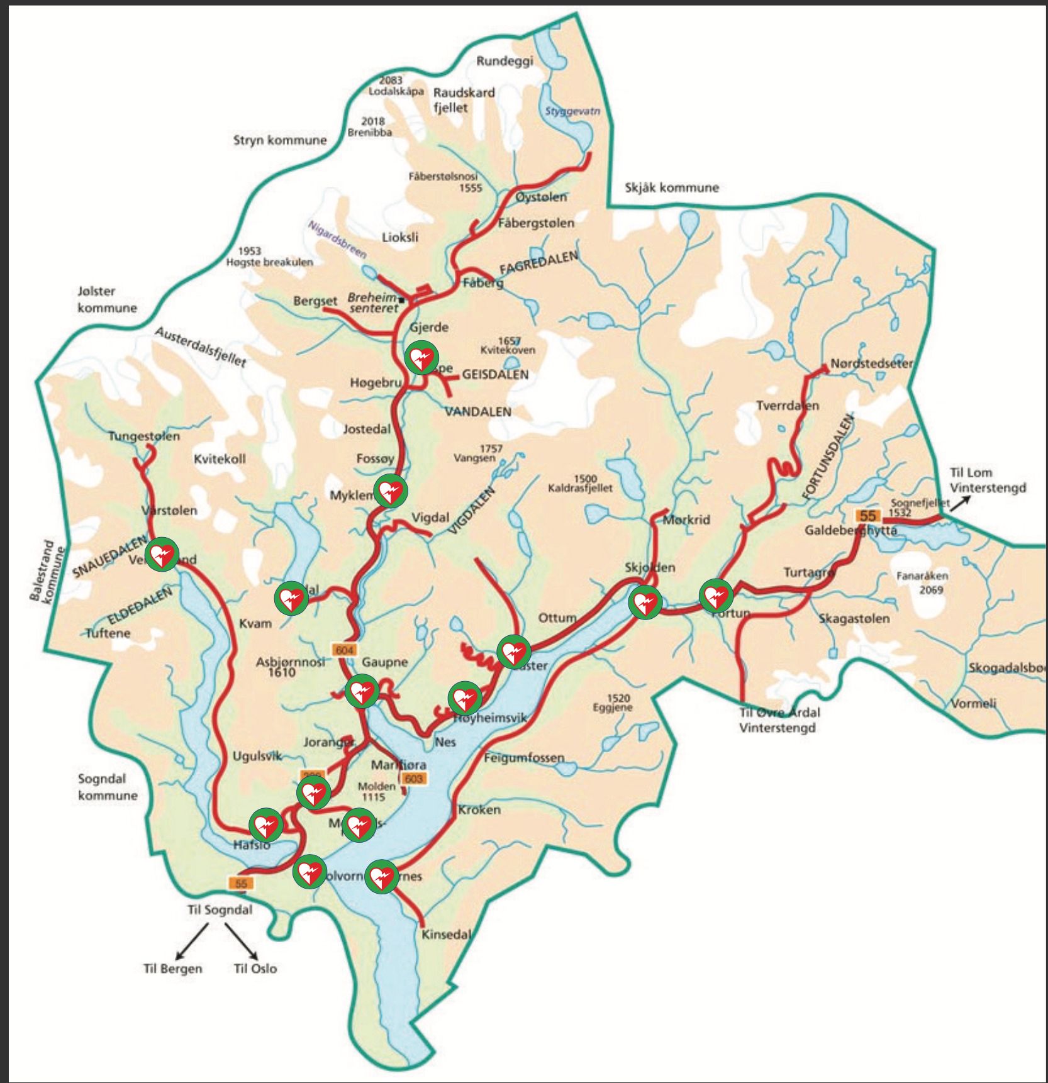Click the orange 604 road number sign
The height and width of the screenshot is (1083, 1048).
pos(344,650)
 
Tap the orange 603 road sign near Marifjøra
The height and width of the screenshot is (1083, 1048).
pos(413,779)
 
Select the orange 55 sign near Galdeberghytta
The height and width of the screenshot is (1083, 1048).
pos(867,516)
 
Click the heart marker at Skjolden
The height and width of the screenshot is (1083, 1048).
pos(645,603)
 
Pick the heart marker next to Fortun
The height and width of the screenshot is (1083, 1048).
pos(716,596)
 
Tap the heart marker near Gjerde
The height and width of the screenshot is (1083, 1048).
pos(421,358)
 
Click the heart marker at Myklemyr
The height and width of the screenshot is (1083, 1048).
pos(390,491)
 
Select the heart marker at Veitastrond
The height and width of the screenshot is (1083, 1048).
pos(162,554)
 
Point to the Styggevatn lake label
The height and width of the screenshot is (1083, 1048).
pos(572,111)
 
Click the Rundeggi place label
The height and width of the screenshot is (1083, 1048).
pos(504,61)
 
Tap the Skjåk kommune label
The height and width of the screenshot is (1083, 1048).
pos(671,187)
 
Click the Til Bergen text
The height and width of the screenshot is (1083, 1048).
pos(173,969)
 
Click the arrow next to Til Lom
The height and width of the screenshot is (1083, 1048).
pos(960,502)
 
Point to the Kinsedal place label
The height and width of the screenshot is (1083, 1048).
pos(445,935)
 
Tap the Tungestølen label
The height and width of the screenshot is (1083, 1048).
pos(143,436)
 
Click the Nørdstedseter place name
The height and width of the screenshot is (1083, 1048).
pos(871,364)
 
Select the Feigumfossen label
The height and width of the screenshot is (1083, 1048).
pos(524,758)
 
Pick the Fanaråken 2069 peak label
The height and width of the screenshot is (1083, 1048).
pos(923,582)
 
